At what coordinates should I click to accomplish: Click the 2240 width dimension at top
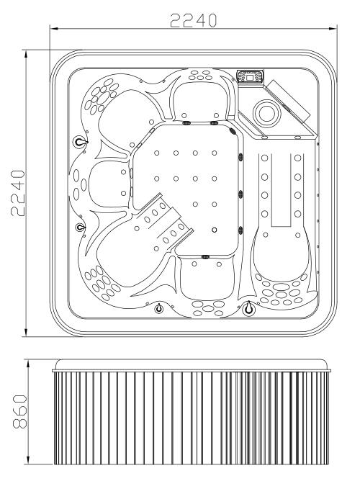point(193,20)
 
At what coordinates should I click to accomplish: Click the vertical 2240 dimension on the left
point(17,193)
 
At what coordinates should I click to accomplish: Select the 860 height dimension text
point(20,412)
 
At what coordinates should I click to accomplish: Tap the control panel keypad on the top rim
point(251,76)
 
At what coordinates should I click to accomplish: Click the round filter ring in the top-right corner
point(267,112)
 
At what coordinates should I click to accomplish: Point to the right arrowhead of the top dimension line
point(333,29)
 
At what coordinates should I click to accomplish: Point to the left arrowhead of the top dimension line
point(54,29)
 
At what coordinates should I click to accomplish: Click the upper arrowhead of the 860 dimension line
point(28,364)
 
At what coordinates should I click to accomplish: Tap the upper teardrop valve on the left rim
point(79,142)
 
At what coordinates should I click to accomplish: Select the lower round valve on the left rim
point(80,228)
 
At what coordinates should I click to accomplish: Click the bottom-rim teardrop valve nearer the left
point(159,307)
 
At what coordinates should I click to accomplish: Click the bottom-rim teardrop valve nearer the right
point(248,307)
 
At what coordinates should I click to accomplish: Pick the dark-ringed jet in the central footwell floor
point(215,230)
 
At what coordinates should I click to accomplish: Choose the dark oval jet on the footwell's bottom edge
point(205,256)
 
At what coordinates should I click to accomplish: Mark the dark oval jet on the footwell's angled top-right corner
point(233,131)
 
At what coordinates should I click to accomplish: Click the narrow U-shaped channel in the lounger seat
point(281,190)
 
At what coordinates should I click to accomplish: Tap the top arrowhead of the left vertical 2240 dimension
point(26,54)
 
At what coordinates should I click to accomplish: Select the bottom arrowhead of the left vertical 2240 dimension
point(26,332)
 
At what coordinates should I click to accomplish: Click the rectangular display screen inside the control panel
point(250,77)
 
